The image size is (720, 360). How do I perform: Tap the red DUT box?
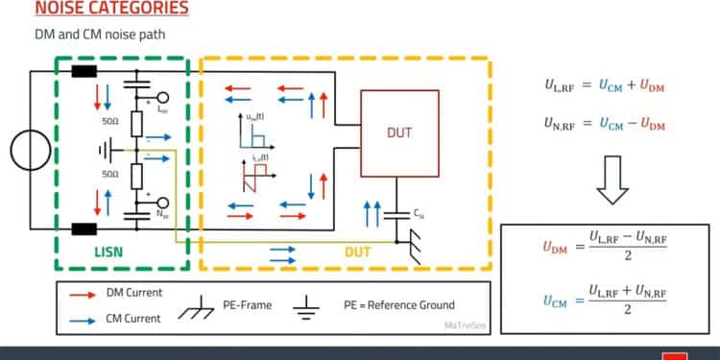click(400, 133)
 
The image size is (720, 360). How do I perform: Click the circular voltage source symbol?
click(24, 152)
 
